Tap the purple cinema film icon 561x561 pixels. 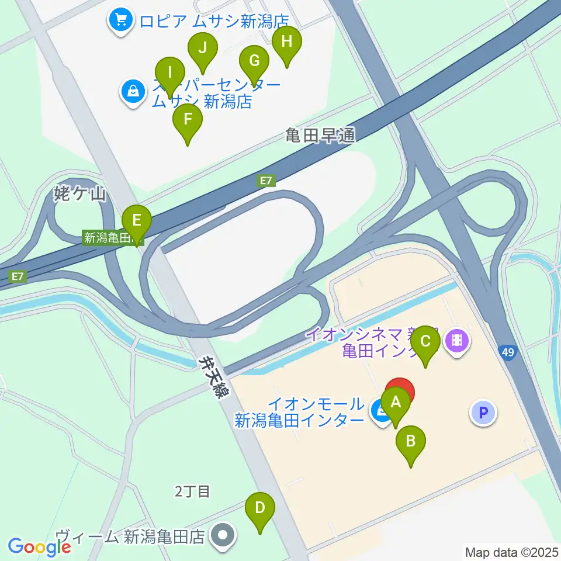click(x=457, y=339)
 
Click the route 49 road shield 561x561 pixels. click(x=507, y=352)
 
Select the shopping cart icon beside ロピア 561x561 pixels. click(x=121, y=21)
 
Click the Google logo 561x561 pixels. click(x=39, y=546)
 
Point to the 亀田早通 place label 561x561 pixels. click(x=320, y=136)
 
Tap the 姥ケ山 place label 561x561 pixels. click(x=80, y=194)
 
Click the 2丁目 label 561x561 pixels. click(x=192, y=491)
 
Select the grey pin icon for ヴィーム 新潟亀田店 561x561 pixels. click(x=222, y=534)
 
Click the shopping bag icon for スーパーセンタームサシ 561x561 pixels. click(x=134, y=91)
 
